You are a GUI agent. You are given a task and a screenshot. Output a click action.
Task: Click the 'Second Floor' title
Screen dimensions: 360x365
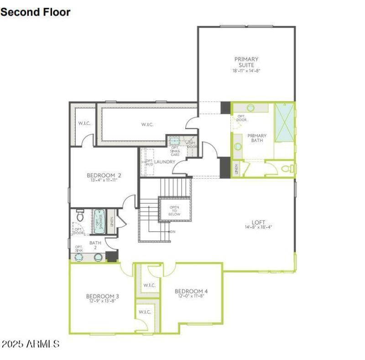coord(36,12)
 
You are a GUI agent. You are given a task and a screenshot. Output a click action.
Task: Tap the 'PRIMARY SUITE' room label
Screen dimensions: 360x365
coord(246,62)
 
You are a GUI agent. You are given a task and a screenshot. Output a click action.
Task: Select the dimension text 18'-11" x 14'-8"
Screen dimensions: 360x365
coord(246,71)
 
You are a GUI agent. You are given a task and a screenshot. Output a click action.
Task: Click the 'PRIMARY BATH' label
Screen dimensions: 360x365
coord(257,138)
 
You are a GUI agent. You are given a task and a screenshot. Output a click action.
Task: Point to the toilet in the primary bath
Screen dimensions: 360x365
coord(287,169)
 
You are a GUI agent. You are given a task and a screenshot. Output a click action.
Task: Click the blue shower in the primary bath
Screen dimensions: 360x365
coord(284,122)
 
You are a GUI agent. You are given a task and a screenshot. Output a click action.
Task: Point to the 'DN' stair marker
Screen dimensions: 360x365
coord(173,232)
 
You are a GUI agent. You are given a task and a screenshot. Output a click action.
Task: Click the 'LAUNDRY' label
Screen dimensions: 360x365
coord(165,162)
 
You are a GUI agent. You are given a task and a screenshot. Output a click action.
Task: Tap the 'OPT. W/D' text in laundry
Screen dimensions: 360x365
coord(149,163)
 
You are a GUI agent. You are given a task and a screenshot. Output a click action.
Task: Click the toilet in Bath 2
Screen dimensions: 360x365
coord(80,215)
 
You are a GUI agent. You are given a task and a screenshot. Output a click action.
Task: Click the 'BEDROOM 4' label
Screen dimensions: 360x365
coord(191,291)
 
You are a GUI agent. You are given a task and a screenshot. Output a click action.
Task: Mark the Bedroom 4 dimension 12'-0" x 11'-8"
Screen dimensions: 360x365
coord(191,296)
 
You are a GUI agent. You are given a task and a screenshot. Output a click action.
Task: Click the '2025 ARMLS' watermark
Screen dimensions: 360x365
coord(30,344)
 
